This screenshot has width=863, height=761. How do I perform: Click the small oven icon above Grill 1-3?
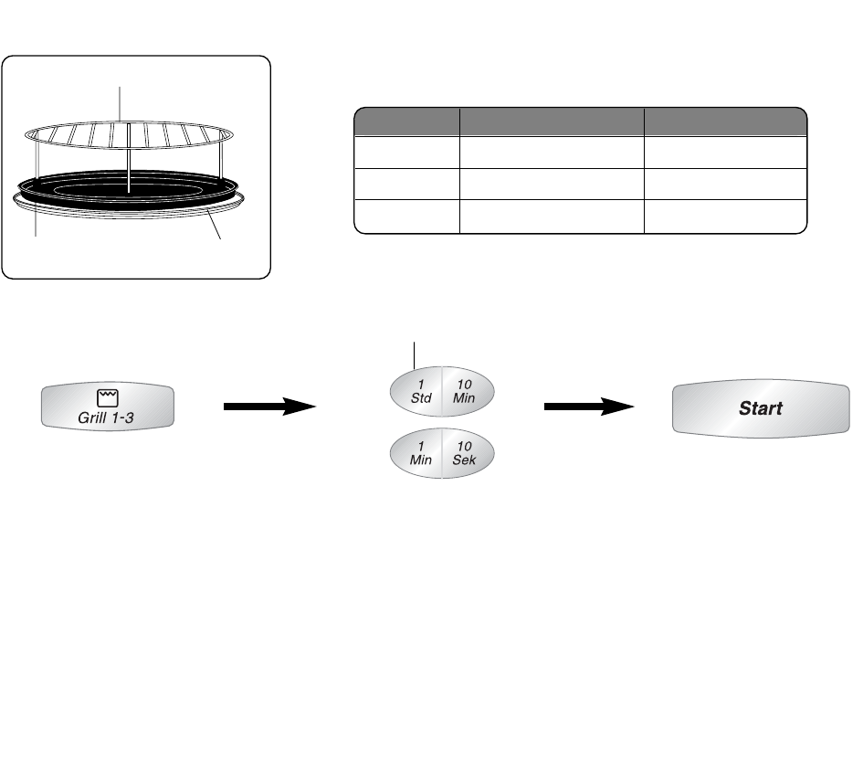pos(108,397)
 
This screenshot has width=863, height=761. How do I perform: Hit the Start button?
pos(759,408)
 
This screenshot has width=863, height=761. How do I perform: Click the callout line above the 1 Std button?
pos(416,353)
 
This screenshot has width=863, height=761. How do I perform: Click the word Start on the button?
pos(759,408)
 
